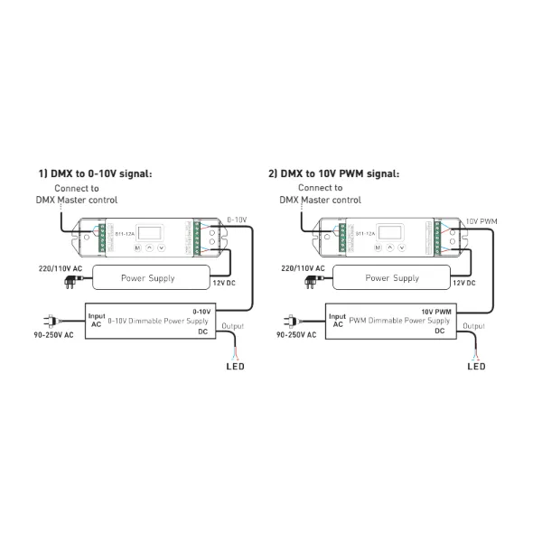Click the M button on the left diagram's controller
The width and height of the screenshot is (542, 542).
coord(137,246)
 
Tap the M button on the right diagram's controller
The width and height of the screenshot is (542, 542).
coord(378,246)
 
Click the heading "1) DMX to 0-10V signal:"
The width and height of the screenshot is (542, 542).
coord(95,173)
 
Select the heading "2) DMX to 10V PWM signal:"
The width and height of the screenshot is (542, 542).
coord(333,173)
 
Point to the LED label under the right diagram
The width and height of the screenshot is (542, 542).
coord(475,367)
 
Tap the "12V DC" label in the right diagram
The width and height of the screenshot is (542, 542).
coord(464,284)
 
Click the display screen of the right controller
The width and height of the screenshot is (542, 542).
coord(390,229)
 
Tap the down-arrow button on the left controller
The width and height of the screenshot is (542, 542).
coord(162,246)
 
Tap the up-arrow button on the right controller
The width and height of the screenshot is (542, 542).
coord(390,246)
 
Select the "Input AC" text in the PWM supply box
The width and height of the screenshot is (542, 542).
coord(337,321)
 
